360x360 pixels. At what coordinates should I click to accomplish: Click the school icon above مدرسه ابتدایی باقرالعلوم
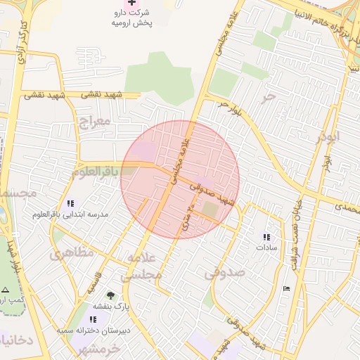(70, 203)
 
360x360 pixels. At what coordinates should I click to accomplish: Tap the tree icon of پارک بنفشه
(110, 295)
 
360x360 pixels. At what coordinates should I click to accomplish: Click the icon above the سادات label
(266, 237)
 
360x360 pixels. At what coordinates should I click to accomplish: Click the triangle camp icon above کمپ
(6, 290)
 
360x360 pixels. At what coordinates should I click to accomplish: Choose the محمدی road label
(346, 207)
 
